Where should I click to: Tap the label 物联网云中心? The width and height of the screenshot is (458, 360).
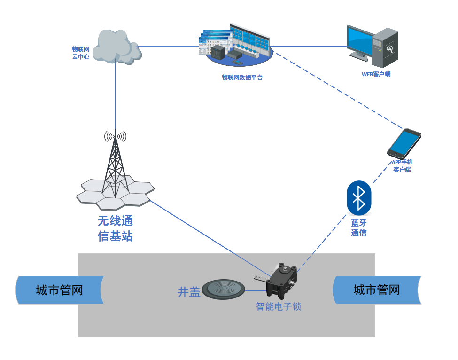pyautogui.click(x=80, y=53)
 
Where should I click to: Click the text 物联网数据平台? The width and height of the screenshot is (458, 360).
pyautogui.click(x=242, y=78)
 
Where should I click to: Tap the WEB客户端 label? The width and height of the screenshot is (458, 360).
pyautogui.click(x=376, y=74)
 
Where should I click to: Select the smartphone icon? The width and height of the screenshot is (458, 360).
pyautogui.click(x=404, y=143)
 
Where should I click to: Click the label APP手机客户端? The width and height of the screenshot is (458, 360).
pyautogui.click(x=402, y=166)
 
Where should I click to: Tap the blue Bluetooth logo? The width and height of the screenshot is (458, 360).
pyautogui.click(x=359, y=197)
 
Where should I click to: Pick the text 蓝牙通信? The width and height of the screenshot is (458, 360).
pyautogui.click(x=359, y=227)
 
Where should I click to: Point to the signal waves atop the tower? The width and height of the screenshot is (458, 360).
pyautogui.click(x=115, y=136)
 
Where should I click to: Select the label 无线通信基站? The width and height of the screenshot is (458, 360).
pyautogui.click(x=115, y=228)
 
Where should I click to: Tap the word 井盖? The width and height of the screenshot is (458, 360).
pyautogui.click(x=189, y=292)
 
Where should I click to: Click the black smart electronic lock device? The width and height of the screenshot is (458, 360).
pyautogui.click(x=281, y=281)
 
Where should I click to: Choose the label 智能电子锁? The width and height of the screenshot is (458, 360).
pyautogui.click(x=279, y=306)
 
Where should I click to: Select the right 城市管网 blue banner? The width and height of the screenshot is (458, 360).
pyautogui.click(x=376, y=290)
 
